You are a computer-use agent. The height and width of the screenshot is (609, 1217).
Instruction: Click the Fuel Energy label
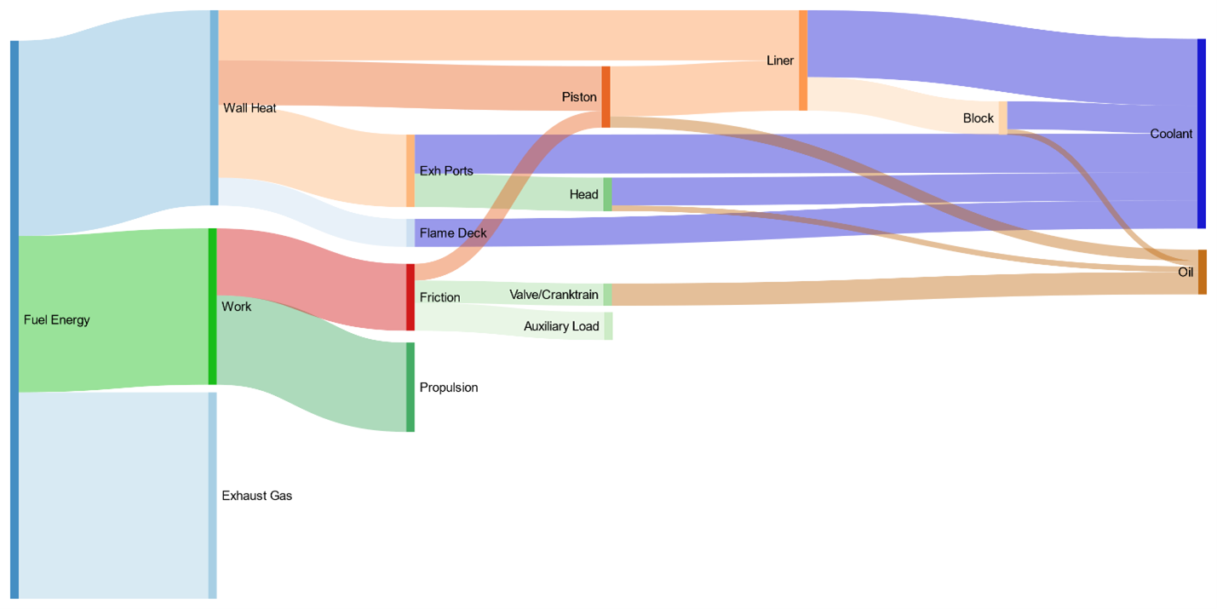click(56, 319)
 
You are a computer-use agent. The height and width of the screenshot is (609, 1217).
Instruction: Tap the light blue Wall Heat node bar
click(215, 107)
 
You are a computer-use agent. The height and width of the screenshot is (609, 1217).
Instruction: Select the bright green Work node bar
click(213, 307)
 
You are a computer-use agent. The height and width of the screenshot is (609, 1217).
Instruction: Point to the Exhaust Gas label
click(257, 496)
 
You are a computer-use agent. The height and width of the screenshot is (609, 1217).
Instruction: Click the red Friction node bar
click(410, 297)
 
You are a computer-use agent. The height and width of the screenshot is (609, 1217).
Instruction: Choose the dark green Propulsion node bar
click(410, 387)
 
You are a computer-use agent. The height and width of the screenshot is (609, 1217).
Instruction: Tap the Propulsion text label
click(449, 388)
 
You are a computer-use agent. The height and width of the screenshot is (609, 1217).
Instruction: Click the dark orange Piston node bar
click(606, 97)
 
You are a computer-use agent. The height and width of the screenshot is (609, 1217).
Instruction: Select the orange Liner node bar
click(803, 60)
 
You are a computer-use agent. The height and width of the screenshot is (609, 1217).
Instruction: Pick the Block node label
click(978, 118)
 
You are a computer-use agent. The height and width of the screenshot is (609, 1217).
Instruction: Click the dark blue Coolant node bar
click(1202, 134)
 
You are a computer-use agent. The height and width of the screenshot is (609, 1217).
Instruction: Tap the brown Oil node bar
click(1203, 273)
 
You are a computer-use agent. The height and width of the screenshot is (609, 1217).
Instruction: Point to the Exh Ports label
click(446, 170)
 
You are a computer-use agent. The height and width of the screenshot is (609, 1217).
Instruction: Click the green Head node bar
click(607, 194)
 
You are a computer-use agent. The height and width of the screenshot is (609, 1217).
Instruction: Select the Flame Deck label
click(453, 233)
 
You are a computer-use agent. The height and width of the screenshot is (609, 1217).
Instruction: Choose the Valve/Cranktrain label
click(554, 295)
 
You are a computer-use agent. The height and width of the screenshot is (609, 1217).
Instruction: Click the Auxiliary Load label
click(561, 326)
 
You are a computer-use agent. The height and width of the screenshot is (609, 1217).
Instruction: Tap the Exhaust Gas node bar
click(212, 496)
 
